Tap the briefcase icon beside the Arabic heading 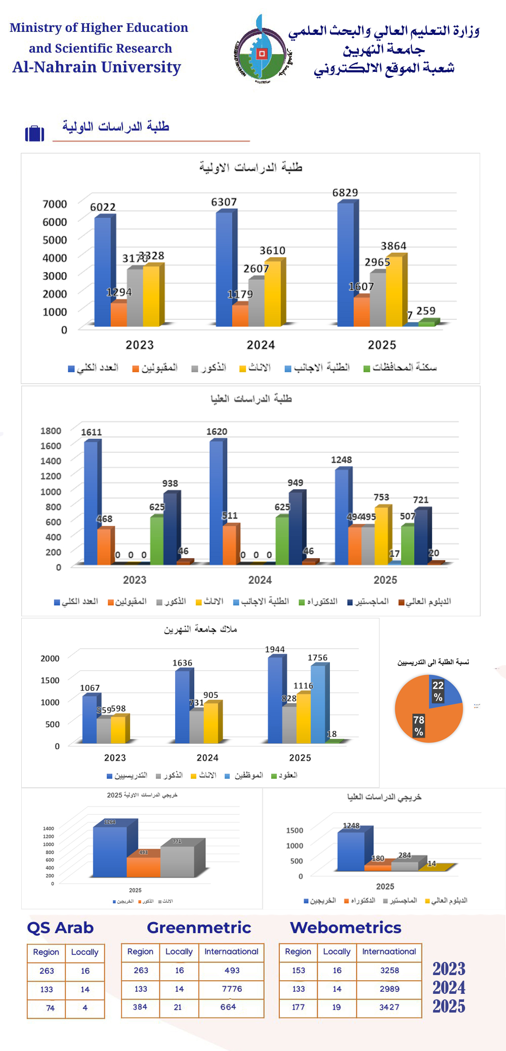tap(34, 133)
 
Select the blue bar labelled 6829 tap(346, 263)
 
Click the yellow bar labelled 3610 tap(273, 293)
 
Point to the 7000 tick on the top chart tap(55, 204)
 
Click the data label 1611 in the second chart tap(92, 432)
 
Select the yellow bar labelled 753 tap(381, 535)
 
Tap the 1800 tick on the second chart tap(51, 431)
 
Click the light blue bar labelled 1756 tap(318, 704)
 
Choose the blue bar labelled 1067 tap(89, 719)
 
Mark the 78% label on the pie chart tap(418, 726)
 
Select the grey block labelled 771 tap(178, 861)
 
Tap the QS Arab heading tap(60, 928)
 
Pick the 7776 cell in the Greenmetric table tap(232, 989)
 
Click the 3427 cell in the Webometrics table tap(389, 1007)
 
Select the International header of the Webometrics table tap(389, 951)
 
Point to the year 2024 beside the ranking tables tap(449, 987)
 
